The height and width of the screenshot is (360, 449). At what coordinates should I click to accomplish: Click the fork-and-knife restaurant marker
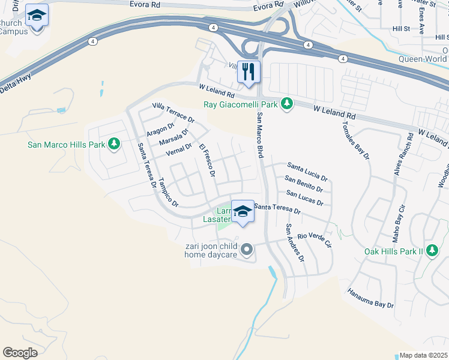(248, 71)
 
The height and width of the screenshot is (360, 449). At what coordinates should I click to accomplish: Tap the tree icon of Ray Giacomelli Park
(288, 104)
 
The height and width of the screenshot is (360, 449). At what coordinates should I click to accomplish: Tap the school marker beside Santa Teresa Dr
(243, 211)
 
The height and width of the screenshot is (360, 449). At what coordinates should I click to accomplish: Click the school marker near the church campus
(37, 16)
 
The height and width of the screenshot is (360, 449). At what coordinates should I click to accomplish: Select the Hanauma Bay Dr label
(370, 298)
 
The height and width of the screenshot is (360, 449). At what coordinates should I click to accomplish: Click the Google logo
(20, 353)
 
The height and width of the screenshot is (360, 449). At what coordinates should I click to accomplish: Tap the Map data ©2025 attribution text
(423, 355)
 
